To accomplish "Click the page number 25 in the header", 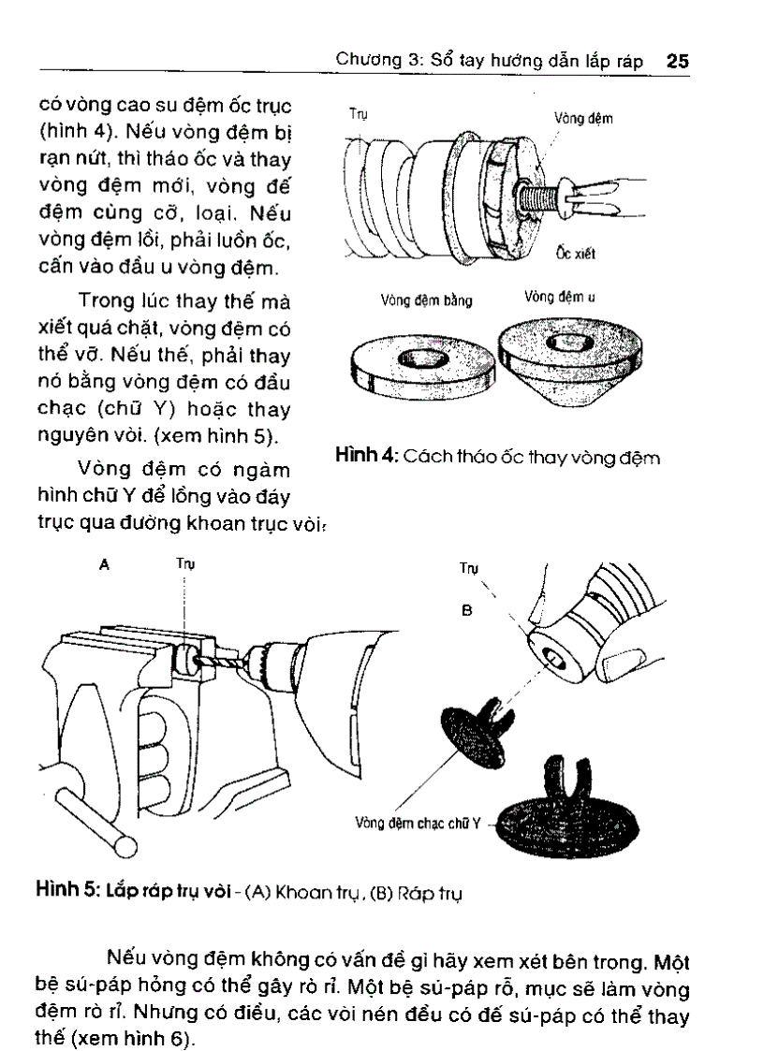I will coord(677,62).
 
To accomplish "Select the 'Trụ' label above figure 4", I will coord(358,115).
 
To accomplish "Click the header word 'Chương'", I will coord(369,63).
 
